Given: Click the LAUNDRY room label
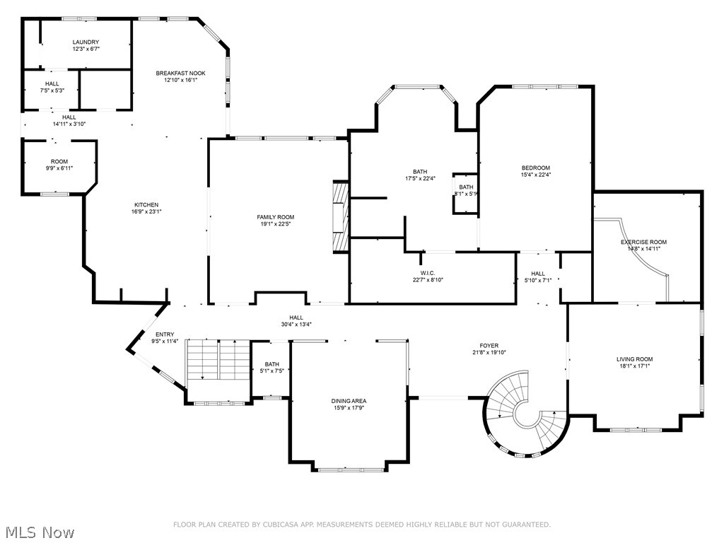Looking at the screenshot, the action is click(x=86, y=42).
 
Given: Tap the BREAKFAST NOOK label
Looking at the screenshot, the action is click(x=180, y=73).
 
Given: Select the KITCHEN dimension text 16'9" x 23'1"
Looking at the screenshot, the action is click(x=146, y=211).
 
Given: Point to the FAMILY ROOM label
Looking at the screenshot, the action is click(x=276, y=217).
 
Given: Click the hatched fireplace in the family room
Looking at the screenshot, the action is click(x=340, y=217).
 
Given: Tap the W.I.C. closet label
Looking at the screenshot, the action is click(x=428, y=273).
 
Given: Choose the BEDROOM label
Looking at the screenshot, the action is click(x=536, y=168).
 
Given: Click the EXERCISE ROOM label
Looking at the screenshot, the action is click(x=643, y=242).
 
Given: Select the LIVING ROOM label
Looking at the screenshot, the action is click(x=635, y=359).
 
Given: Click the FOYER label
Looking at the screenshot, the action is click(x=489, y=345).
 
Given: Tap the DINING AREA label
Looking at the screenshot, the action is click(x=349, y=401).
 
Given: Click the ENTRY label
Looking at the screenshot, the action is click(x=165, y=334).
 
